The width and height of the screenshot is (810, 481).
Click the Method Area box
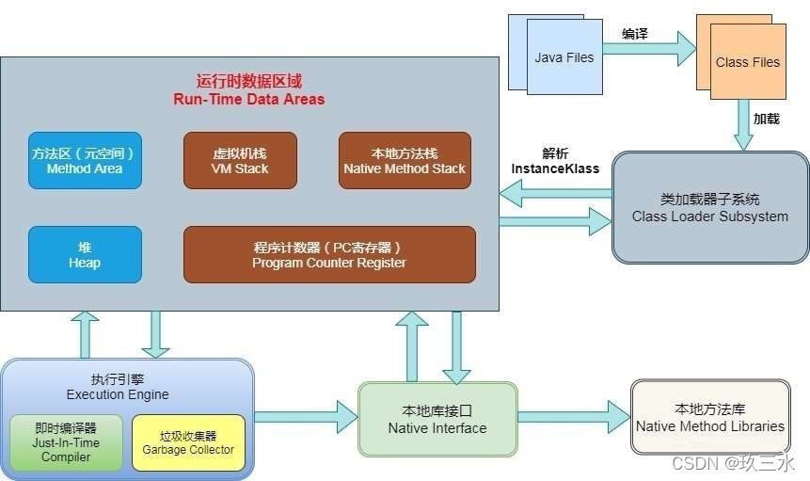pyautogui.click(x=85, y=160)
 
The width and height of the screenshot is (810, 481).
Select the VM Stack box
pyautogui.click(x=240, y=160)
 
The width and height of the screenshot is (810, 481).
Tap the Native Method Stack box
pyautogui.click(x=405, y=160)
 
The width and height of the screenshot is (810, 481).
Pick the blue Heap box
pyautogui.click(x=85, y=254)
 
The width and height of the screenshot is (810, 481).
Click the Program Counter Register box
pyautogui.click(x=329, y=254)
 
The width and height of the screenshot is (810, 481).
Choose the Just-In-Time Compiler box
pyautogui.click(x=66, y=441)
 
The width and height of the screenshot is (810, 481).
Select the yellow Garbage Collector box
pyautogui.click(x=189, y=441)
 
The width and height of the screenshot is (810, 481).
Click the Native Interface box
pyautogui.click(x=437, y=420)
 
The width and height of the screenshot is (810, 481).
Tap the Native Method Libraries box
pyautogui.click(x=710, y=418)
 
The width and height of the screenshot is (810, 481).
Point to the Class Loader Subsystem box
pyautogui.click(x=710, y=208)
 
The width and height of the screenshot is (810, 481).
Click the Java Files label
pyautogui.click(x=564, y=57)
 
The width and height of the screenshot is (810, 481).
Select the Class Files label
pyautogui.click(x=748, y=62)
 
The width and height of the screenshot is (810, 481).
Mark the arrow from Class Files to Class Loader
pyautogui.click(x=744, y=126)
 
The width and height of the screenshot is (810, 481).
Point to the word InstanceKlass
pyautogui.click(x=555, y=168)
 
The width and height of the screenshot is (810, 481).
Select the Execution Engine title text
pyautogui.click(x=118, y=394)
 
